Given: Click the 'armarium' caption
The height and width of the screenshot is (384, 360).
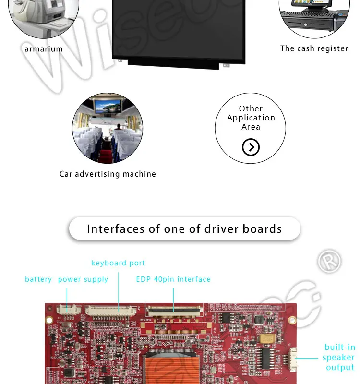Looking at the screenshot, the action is [44, 49].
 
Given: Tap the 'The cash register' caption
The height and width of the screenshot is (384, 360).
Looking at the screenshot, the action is [314, 48].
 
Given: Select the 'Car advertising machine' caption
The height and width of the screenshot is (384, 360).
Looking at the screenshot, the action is [108, 174].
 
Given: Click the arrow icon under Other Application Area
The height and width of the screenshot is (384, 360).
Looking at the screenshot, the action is [251, 147].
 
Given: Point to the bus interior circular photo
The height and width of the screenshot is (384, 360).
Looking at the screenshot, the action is [107, 128].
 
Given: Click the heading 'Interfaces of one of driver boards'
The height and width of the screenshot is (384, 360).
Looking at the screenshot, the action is [184, 229].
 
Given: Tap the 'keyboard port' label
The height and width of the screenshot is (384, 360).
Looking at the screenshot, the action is [118, 263].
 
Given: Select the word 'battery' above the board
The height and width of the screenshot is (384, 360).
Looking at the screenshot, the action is [38, 279].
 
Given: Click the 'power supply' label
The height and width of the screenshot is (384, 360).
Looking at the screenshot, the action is [83, 279].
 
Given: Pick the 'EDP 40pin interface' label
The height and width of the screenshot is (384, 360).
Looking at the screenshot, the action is [173, 279].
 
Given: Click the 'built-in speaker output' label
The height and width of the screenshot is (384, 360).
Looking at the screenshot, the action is [339, 357].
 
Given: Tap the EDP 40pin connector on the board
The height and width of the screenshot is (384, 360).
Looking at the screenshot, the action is [174, 310].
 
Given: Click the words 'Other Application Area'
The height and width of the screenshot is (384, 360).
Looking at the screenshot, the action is [251, 118].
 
